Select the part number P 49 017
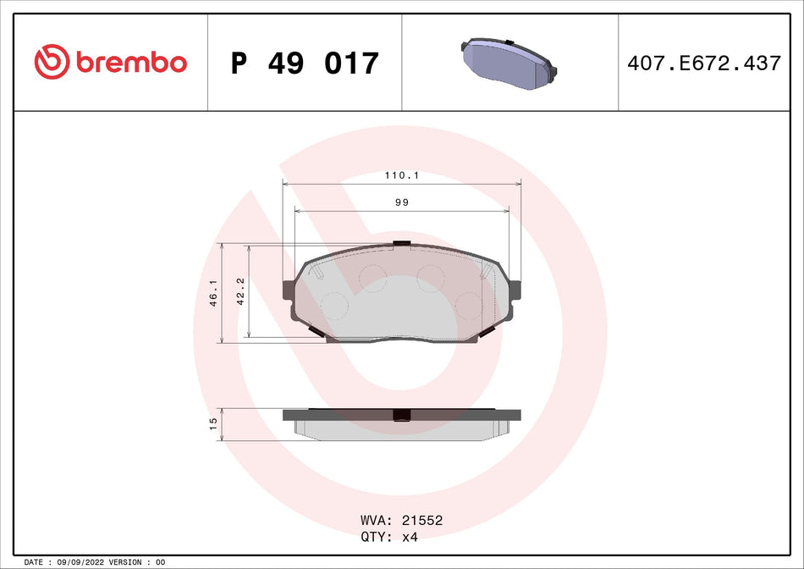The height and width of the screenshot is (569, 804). (x=305, y=63)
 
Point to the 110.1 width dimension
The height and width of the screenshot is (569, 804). (x=401, y=176)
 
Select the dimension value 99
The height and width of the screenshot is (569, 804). (x=401, y=203)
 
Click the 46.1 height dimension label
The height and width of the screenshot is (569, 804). (x=214, y=293)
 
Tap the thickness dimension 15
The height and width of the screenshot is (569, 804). (x=214, y=421)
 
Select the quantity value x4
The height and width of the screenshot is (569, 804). (x=410, y=537)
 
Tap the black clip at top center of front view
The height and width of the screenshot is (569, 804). (x=401, y=245)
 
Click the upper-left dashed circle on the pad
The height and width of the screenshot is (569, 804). (x=372, y=276)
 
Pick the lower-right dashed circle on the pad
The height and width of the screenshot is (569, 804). (x=468, y=304)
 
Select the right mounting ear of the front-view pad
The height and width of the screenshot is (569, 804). (x=513, y=292)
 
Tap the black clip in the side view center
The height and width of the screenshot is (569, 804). (x=401, y=415)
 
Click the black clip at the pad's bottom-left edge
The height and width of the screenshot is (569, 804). (x=317, y=332)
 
